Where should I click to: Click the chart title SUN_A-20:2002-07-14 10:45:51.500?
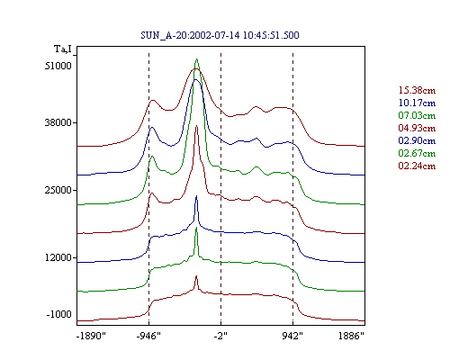coord(220,35)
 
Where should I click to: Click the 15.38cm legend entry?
coord(417,90)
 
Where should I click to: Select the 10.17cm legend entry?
coord(417,103)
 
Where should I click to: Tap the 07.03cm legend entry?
coord(417,115)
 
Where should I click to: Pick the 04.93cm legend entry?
coord(417,128)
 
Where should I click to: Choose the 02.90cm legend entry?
coord(417,140)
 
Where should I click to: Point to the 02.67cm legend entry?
coord(417,153)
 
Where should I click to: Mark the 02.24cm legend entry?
coord(417,166)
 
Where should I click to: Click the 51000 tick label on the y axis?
coord(58,66)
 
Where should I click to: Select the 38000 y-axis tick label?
coord(58,122)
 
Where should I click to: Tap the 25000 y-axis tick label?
coord(58,190)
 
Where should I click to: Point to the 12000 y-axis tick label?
coord(58,257)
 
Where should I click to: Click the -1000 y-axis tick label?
coord(58,314)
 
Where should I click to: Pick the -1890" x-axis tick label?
coord(92,336)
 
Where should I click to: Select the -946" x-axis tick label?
coord(148,336)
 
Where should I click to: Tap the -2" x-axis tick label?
coord(220,336)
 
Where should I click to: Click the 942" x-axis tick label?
coord(292,336)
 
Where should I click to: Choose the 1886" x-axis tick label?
coord(351,336)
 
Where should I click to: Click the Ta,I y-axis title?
coord(63,49)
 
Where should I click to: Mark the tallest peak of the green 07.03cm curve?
coord(196,59)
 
